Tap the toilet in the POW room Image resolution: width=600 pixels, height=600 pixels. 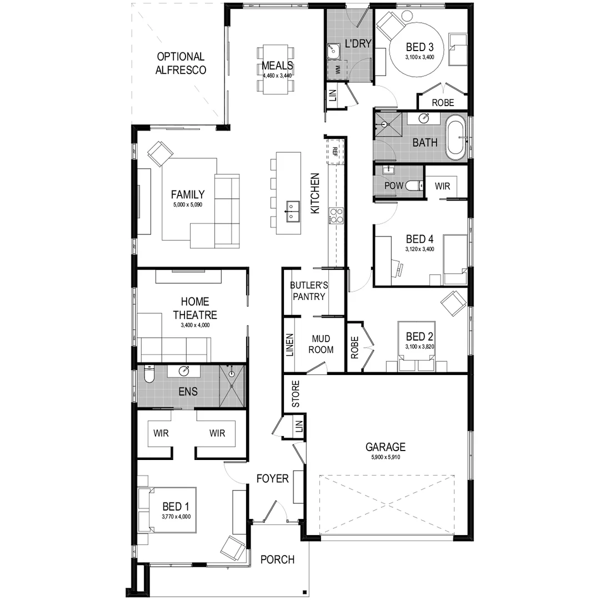coord(412,186)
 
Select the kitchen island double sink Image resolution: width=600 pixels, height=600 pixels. coord(292,211)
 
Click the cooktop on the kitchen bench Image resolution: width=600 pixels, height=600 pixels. coord(336,215)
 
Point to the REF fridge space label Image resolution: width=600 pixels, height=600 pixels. coord(335,151)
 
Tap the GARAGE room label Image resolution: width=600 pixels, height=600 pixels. coord(385,447)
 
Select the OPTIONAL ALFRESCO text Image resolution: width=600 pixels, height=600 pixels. coord(181,63)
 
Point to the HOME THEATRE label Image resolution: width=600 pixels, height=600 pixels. coord(194,308)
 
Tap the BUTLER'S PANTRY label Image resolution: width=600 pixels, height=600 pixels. coord(309,291)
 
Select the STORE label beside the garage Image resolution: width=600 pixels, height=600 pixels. coord(296,393)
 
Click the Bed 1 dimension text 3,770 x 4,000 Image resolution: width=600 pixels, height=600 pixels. coord(176,517)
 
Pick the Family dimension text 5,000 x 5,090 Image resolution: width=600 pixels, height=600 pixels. coord(187,204)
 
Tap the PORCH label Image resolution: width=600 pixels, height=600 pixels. coord(277,559)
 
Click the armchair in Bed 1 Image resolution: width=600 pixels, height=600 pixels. coord(233,547)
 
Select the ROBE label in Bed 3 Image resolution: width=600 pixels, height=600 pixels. coord(443,103)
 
